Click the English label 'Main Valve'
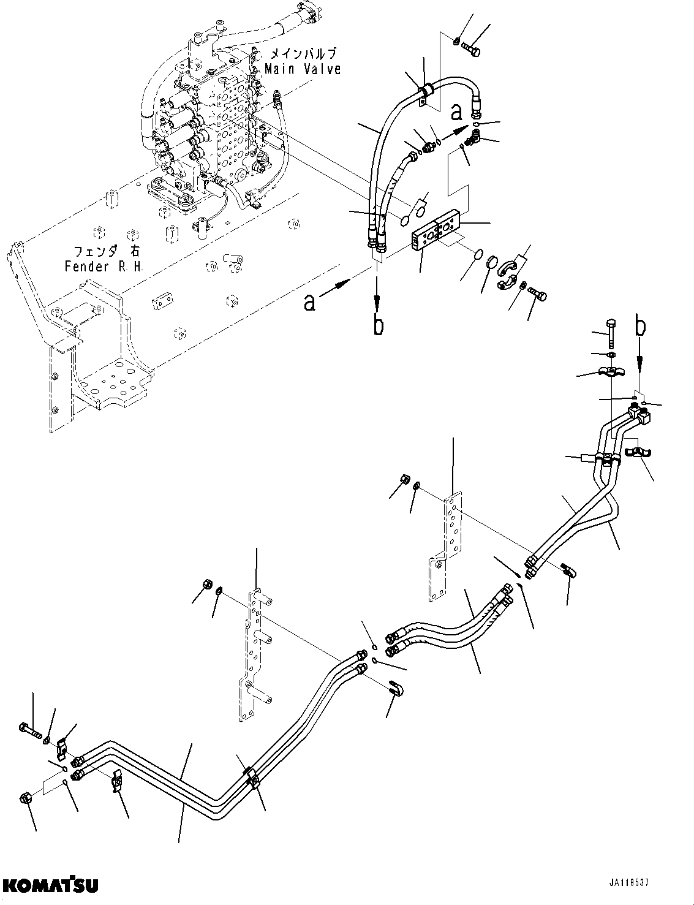pyautogui.click(x=303, y=69)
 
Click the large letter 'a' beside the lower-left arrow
pyautogui.click(x=311, y=302)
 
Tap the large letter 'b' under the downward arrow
pyautogui.click(x=379, y=325)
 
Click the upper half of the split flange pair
pyautogui.click(x=510, y=267)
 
